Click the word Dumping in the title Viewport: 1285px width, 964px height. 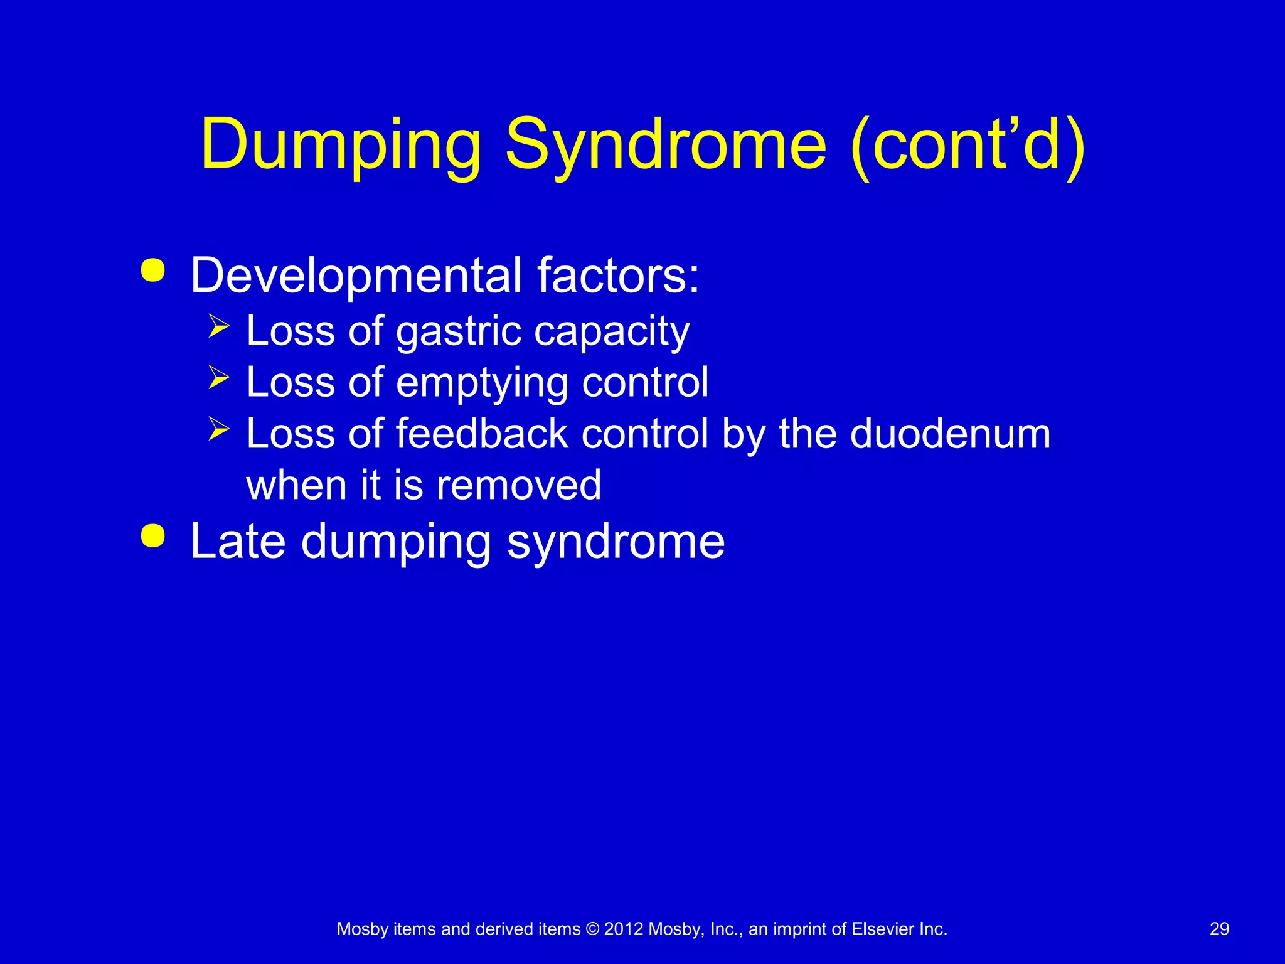point(341,146)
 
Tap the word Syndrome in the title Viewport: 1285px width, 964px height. point(666,146)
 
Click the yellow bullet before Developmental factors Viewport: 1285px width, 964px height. point(153,270)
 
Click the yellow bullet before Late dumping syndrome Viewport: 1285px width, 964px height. point(153,537)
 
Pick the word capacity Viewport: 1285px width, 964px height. point(611,332)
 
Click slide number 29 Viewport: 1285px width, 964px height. point(1218,929)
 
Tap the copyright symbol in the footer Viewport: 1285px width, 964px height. point(592,929)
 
